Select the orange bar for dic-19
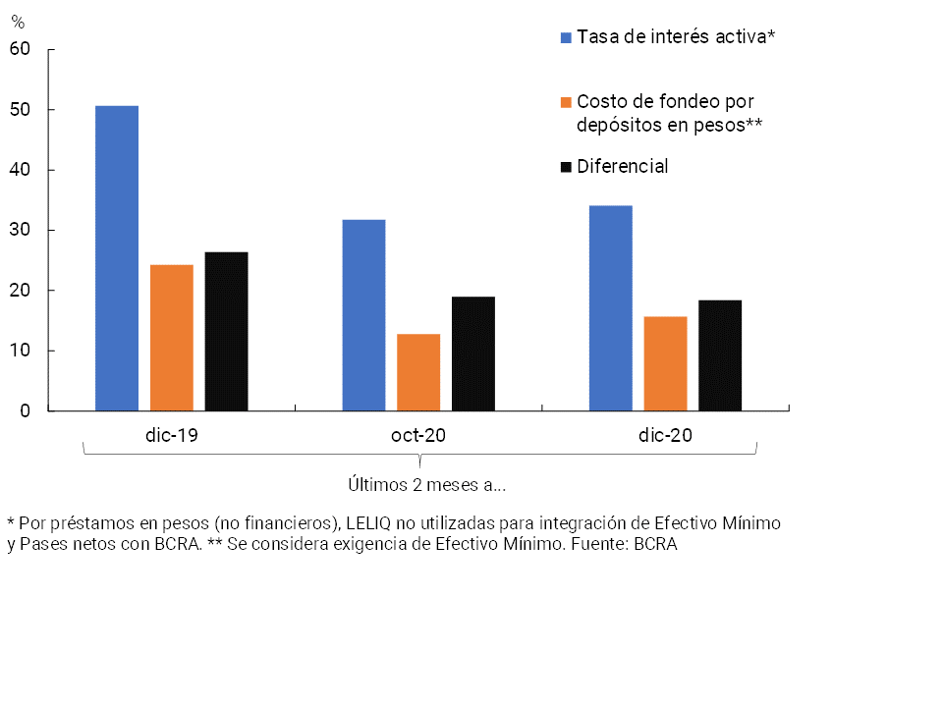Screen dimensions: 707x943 coord(172,338)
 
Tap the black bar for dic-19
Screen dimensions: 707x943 coord(226,332)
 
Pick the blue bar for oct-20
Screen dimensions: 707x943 coord(363,315)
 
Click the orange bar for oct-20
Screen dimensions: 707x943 coord(418,372)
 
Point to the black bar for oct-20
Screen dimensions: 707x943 coord(473,353)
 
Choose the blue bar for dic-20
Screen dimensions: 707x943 coord(610,308)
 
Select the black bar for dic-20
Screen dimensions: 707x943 coord(720,355)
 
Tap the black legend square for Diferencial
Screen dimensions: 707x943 coord(566,167)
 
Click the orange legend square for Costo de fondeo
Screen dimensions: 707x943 coord(566,101)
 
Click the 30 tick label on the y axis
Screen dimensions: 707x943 coord(21,230)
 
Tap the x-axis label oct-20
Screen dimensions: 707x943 coord(418,435)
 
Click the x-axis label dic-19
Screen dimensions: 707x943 coord(171,435)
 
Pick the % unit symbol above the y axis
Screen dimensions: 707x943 coord(17,23)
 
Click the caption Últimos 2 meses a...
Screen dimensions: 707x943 coord(426,484)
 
